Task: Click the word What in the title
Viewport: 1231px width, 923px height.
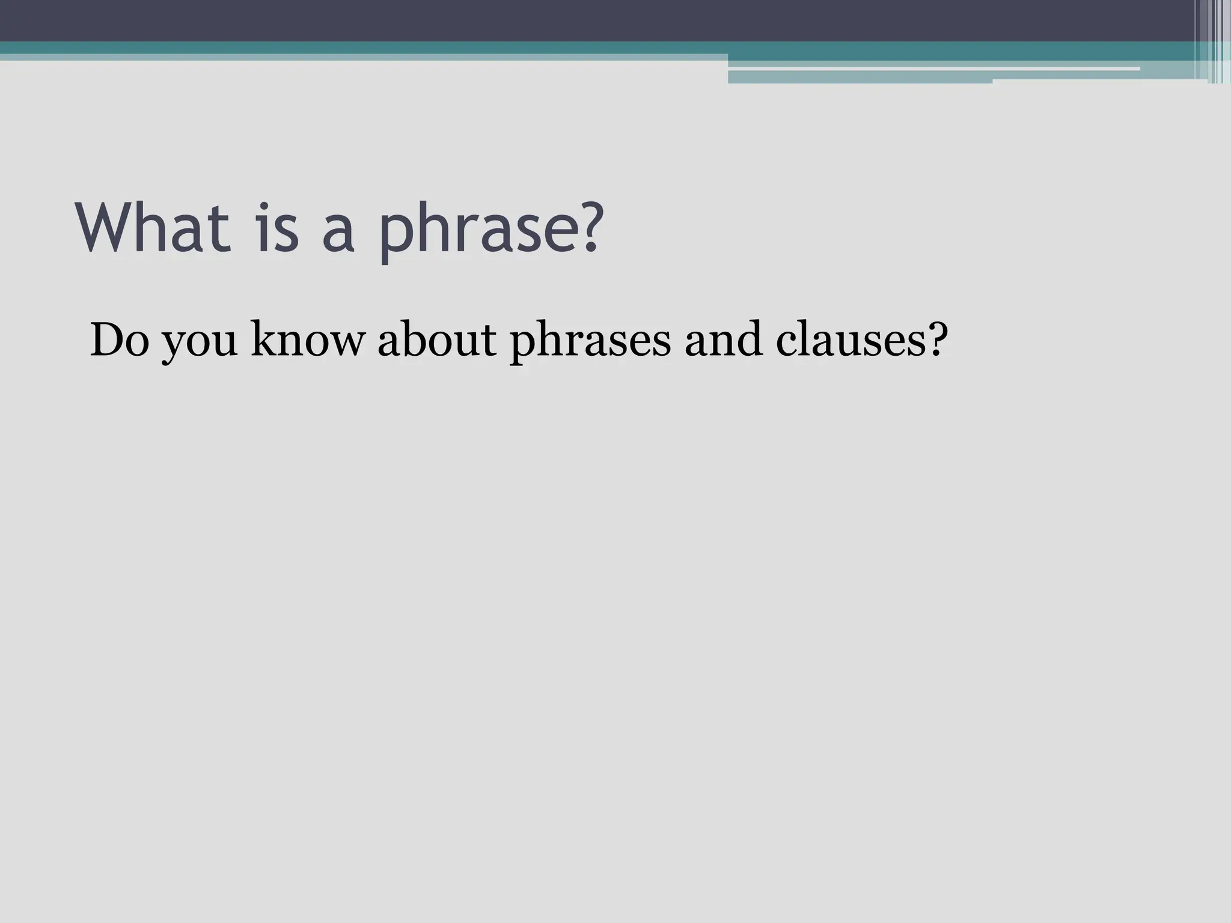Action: click(153, 228)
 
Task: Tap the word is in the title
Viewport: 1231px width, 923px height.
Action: click(277, 228)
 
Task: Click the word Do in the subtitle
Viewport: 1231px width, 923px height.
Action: click(119, 341)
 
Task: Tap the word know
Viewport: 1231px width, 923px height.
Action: click(307, 341)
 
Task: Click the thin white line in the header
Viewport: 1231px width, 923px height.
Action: click(932, 69)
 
